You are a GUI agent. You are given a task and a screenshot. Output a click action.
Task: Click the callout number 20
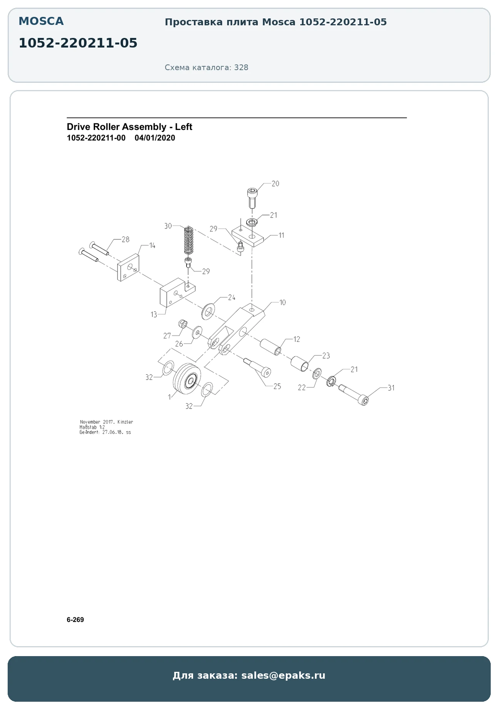click(x=275, y=184)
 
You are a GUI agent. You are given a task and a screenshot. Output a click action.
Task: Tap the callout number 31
click(x=391, y=388)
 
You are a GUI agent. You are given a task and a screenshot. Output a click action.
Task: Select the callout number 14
click(x=152, y=245)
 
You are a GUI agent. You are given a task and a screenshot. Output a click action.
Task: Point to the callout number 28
click(x=126, y=240)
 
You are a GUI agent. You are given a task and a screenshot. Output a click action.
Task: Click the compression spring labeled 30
click(x=188, y=240)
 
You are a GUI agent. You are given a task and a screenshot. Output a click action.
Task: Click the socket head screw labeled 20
click(x=252, y=197)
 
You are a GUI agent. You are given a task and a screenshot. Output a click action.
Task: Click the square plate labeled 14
click(x=128, y=268)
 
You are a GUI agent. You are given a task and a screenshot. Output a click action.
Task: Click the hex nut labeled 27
click(x=182, y=324)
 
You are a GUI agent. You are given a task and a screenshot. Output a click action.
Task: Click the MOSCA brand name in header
click(x=41, y=21)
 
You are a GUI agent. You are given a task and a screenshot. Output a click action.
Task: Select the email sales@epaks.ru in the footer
click(x=283, y=675)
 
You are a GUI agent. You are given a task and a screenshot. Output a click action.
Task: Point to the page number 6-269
click(x=75, y=620)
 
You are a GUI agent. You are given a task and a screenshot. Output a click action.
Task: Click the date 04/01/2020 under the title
click(x=155, y=138)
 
